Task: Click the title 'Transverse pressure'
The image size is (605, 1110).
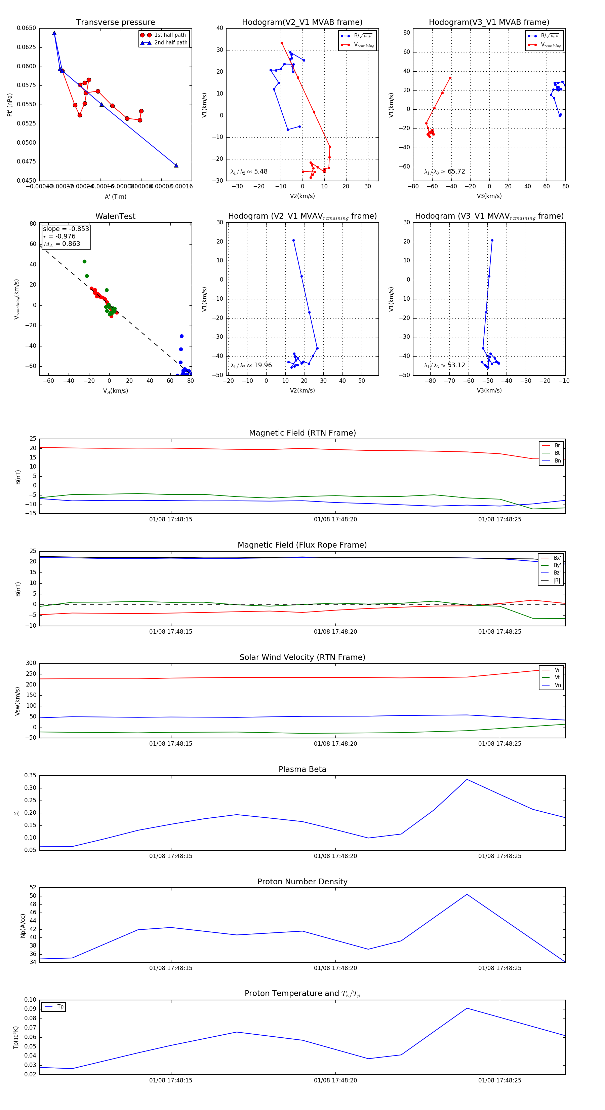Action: point(115,23)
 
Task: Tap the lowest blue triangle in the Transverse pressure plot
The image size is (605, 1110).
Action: point(176,165)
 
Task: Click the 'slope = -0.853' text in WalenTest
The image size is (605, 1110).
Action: point(66,229)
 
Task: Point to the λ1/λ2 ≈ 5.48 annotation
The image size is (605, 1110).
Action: point(249,172)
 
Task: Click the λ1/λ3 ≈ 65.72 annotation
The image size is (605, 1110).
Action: point(444,172)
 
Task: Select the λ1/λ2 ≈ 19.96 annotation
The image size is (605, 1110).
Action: point(251,365)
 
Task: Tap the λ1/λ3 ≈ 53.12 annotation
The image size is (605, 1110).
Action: point(444,365)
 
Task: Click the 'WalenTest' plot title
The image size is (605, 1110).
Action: point(115,216)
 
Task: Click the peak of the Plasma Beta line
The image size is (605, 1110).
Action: point(467,779)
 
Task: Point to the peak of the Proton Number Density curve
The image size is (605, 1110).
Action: point(467,894)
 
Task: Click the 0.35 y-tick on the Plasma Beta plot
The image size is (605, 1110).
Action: point(30,776)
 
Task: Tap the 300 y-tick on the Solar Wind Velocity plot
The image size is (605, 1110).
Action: point(31,663)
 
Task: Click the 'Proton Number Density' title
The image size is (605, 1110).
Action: point(302,882)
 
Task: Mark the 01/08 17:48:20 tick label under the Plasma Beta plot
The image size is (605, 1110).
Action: point(335,856)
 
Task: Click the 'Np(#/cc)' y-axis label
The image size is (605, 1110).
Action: point(23,926)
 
